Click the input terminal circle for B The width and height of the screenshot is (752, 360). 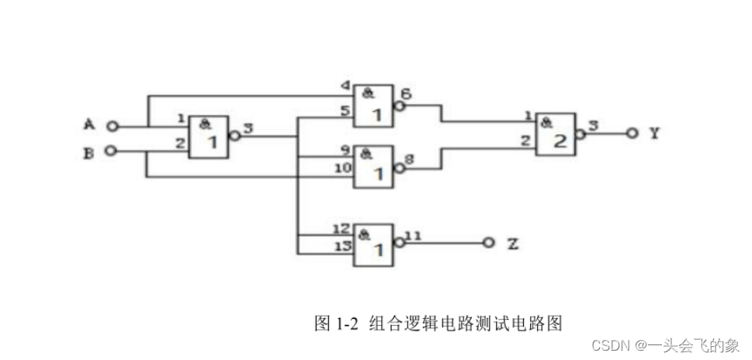(113, 151)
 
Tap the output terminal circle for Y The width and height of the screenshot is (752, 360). (632, 133)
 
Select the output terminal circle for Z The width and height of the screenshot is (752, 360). (488, 243)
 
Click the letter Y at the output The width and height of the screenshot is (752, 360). (655, 133)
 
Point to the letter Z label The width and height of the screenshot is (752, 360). (512, 244)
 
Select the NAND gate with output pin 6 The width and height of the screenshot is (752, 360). (374, 106)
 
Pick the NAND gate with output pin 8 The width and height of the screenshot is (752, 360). (374, 166)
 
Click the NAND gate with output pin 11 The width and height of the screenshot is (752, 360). (374, 245)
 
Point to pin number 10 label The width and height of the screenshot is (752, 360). (341, 168)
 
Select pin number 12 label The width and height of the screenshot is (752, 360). (341, 229)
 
